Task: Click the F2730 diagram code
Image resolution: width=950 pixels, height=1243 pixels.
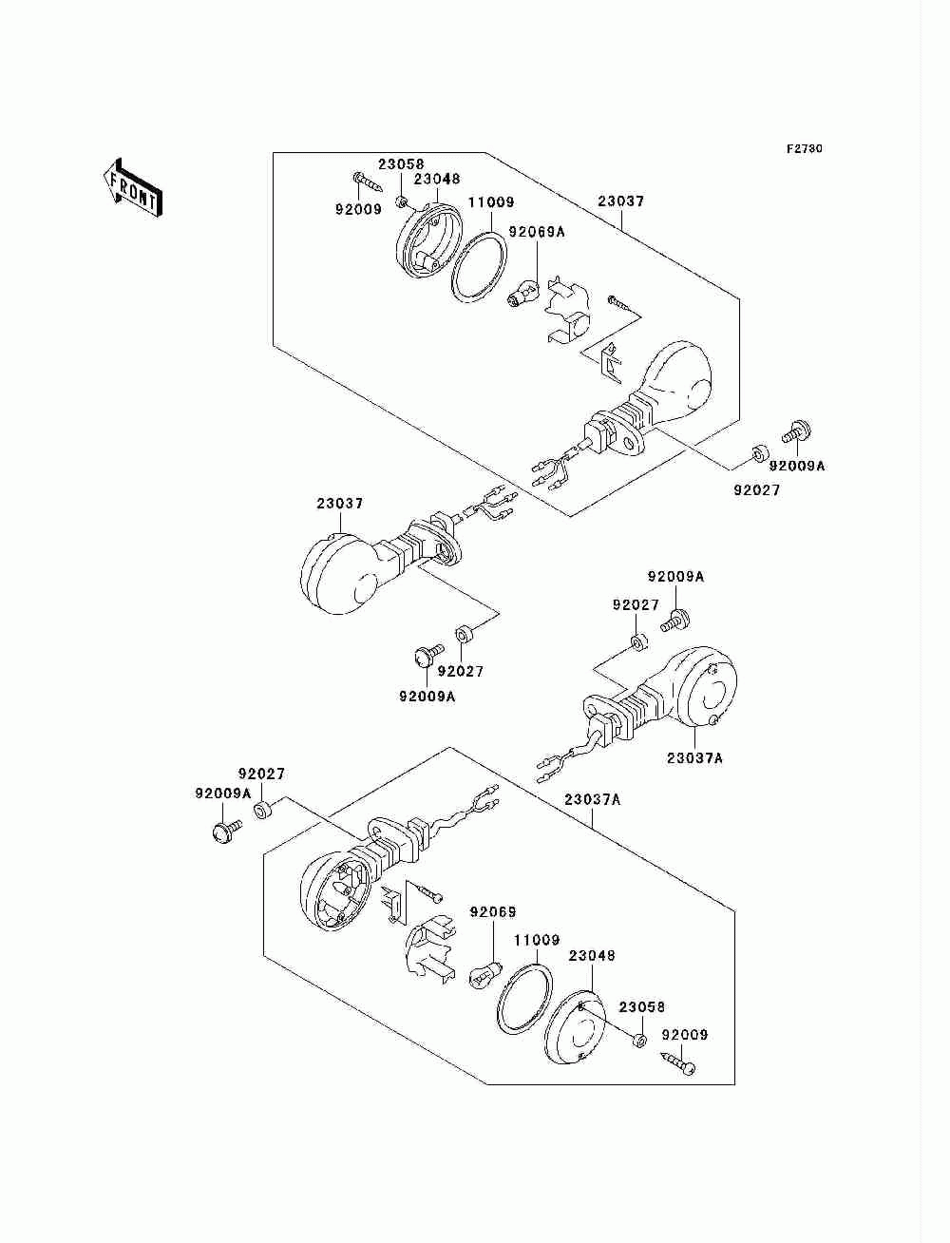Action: (804, 149)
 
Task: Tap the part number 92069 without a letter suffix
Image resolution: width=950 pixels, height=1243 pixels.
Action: (493, 912)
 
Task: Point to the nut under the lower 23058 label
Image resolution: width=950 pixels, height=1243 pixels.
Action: (638, 1040)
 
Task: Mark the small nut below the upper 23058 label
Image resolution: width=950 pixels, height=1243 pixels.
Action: (404, 201)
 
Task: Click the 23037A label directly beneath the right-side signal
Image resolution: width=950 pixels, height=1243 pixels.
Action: (693, 758)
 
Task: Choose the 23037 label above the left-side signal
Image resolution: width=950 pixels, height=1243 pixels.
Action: (339, 504)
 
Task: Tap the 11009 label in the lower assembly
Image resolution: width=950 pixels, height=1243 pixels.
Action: (538, 941)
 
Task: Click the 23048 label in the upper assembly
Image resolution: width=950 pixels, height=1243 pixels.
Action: (437, 179)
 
